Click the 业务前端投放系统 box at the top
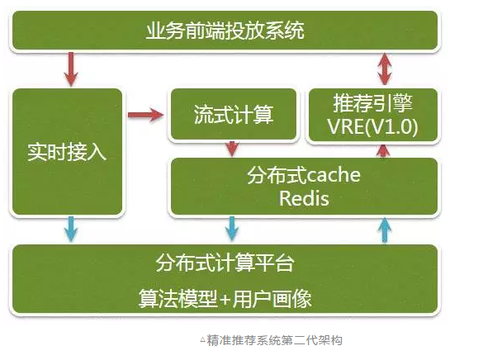(225, 31)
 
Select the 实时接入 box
(67, 152)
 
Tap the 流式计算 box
(233, 115)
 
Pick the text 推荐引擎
(372, 103)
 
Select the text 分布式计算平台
(225, 264)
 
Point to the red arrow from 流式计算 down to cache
(233, 148)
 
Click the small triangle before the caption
(202, 340)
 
